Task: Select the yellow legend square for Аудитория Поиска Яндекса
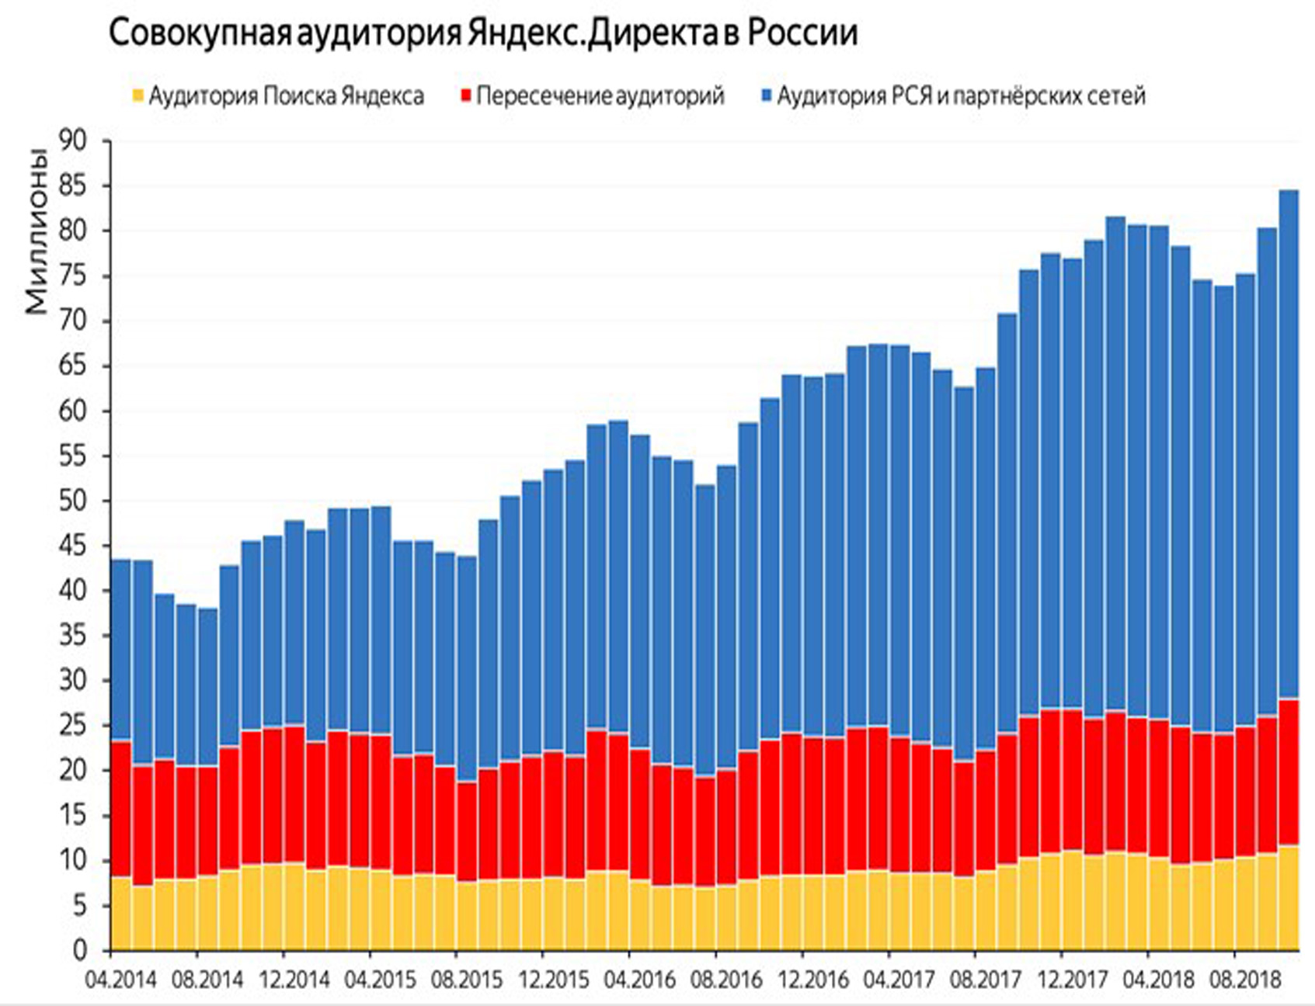(138, 96)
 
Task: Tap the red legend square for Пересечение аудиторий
(466, 96)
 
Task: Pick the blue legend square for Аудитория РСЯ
(767, 96)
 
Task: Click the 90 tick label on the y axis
(73, 141)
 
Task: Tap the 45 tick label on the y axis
(73, 546)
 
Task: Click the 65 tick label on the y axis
(73, 366)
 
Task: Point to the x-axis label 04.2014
(120, 980)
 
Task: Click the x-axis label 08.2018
(1244, 980)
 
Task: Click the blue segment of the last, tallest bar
(1289, 442)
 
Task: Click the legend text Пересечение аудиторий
(600, 96)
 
